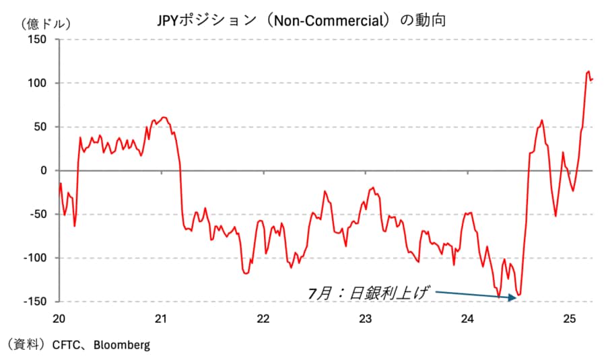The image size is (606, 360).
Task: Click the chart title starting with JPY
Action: (302, 21)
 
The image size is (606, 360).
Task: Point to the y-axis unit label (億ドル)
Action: (46, 24)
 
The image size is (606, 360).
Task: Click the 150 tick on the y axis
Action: (37, 39)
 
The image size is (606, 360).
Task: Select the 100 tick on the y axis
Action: (37, 83)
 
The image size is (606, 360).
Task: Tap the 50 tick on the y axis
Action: (40, 127)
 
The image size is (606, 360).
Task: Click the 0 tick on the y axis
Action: (43, 170)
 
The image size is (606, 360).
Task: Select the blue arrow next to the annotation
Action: (476, 295)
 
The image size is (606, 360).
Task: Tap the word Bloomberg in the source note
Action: (122, 345)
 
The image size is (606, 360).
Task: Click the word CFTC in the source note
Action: (65, 345)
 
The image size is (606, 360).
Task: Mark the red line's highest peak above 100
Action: (588, 71)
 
